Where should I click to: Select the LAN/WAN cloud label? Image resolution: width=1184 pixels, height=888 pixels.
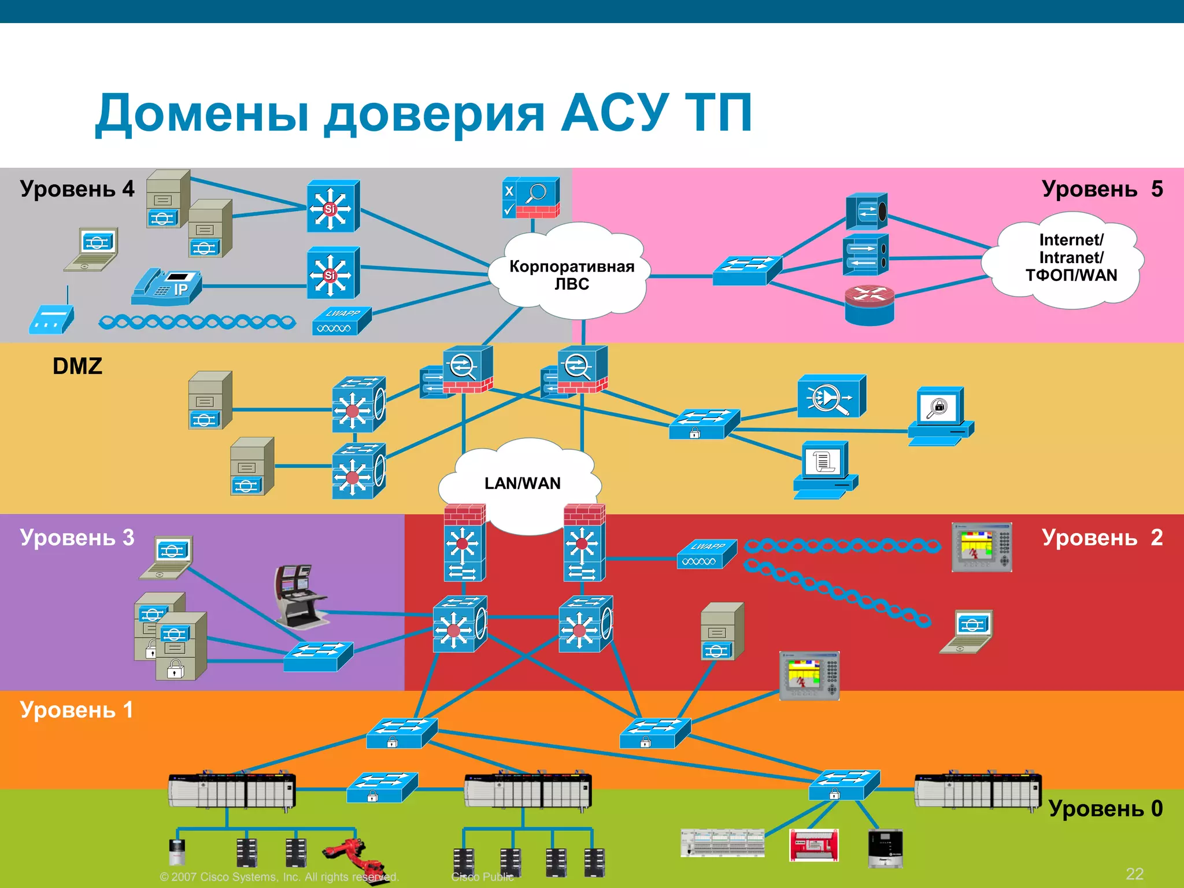point(522,483)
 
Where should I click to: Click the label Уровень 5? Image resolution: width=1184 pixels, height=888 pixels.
point(1102,189)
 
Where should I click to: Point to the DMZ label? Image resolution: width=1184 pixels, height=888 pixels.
point(77,366)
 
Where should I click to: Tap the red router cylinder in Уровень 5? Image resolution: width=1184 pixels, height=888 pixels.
point(869,305)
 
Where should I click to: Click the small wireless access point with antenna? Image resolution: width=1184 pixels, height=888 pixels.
point(51,317)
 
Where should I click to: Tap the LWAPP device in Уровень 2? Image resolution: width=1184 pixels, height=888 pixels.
point(706,554)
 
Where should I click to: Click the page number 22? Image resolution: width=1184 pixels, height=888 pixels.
point(1134,874)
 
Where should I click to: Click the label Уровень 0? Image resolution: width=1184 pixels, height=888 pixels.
point(1105,808)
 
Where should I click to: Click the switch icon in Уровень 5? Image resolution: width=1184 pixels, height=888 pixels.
point(747,270)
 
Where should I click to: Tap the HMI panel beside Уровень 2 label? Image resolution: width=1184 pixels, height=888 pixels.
point(982,547)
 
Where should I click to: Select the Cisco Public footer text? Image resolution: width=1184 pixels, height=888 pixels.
point(482,876)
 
